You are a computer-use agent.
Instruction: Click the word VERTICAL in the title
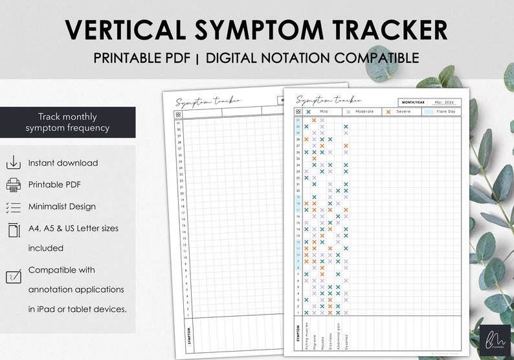point(133,30)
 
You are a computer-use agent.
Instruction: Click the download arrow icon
point(13,163)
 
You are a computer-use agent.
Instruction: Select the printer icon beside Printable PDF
point(13,185)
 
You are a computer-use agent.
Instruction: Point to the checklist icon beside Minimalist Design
point(13,207)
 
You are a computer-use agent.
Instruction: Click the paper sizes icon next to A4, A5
point(13,229)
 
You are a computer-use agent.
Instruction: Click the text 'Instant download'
point(63,163)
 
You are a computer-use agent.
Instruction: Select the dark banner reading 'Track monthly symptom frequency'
point(67,122)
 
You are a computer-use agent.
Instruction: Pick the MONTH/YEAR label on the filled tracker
point(414,102)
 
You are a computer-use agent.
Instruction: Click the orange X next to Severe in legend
point(388,112)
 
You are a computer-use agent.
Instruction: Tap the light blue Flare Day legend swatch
point(430,112)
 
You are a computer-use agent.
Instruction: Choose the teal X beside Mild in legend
point(308,112)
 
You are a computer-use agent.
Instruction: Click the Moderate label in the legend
point(364,112)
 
